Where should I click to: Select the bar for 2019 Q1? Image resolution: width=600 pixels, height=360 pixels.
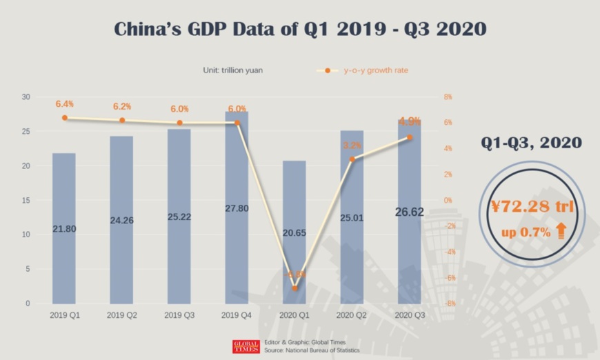click(x=64, y=228)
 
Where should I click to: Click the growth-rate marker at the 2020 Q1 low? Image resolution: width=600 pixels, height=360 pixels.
click(x=294, y=288)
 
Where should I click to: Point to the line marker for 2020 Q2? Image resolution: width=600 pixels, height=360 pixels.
click(x=352, y=159)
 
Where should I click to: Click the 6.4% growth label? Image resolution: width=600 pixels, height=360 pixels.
click(x=64, y=104)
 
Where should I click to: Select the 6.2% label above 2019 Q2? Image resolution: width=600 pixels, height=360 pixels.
click(x=121, y=106)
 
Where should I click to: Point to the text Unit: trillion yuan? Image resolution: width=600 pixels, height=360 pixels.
click(x=232, y=70)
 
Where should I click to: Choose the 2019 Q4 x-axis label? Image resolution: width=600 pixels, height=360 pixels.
click(x=237, y=314)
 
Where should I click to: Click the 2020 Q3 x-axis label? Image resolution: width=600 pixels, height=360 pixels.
click(x=409, y=314)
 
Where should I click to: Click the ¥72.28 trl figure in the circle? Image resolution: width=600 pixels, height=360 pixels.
click(x=532, y=206)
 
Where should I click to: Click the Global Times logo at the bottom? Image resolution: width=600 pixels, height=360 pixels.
click(x=246, y=346)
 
